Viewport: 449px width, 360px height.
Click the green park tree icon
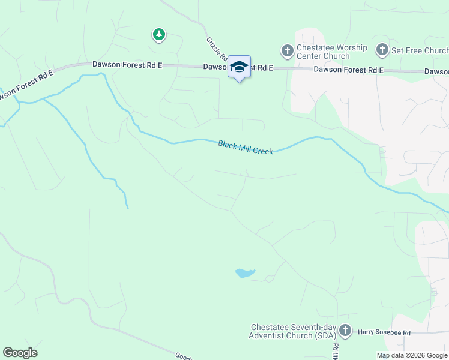point(158,35)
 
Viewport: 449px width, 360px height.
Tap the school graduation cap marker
point(239,67)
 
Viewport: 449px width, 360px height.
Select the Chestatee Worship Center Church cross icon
point(287,51)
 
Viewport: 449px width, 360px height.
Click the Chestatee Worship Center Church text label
point(331,52)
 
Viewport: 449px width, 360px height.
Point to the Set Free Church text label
point(420,50)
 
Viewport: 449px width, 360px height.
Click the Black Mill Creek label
point(246,148)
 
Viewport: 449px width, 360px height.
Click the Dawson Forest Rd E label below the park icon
point(127,65)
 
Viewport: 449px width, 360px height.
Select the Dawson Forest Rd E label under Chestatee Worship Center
point(349,70)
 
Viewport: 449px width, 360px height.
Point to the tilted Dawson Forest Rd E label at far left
point(26,84)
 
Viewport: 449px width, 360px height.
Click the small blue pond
point(244,274)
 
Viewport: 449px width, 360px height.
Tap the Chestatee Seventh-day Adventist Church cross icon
point(345,330)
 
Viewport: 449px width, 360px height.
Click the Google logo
point(20,353)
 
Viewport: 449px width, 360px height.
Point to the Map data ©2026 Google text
point(412,355)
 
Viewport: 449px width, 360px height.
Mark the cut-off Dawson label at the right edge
point(436,71)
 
